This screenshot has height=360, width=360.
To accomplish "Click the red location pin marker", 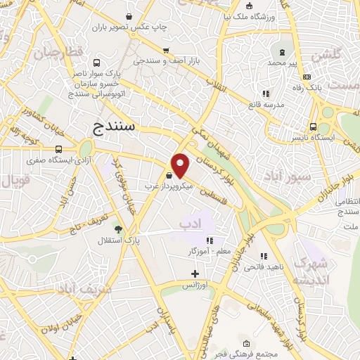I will pyautogui.click(x=181, y=165).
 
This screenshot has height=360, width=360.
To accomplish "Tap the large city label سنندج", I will pyautogui.click(x=117, y=127).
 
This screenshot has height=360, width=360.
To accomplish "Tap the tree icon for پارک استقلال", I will pyautogui.click(x=117, y=229).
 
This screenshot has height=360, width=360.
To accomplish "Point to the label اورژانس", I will pyautogui.click(x=195, y=285).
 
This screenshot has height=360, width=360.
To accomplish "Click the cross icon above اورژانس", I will pyautogui.click(x=195, y=274).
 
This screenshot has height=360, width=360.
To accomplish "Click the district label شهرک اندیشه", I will pyautogui.click(x=311, y=272).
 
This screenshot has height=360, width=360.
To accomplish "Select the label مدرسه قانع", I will pyautogui.click(x=264, y=105).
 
